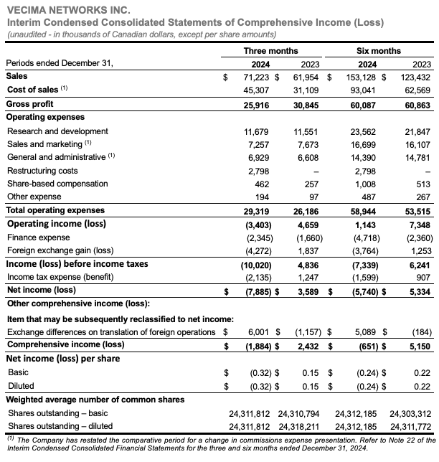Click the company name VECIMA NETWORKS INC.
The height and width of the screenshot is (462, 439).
point(58,10)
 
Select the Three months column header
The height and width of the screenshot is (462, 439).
point(270,50)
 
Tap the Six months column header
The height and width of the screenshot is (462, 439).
point(379,50)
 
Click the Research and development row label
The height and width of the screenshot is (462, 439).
point(57,131)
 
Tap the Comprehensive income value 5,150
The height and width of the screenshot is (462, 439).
point(418,346)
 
